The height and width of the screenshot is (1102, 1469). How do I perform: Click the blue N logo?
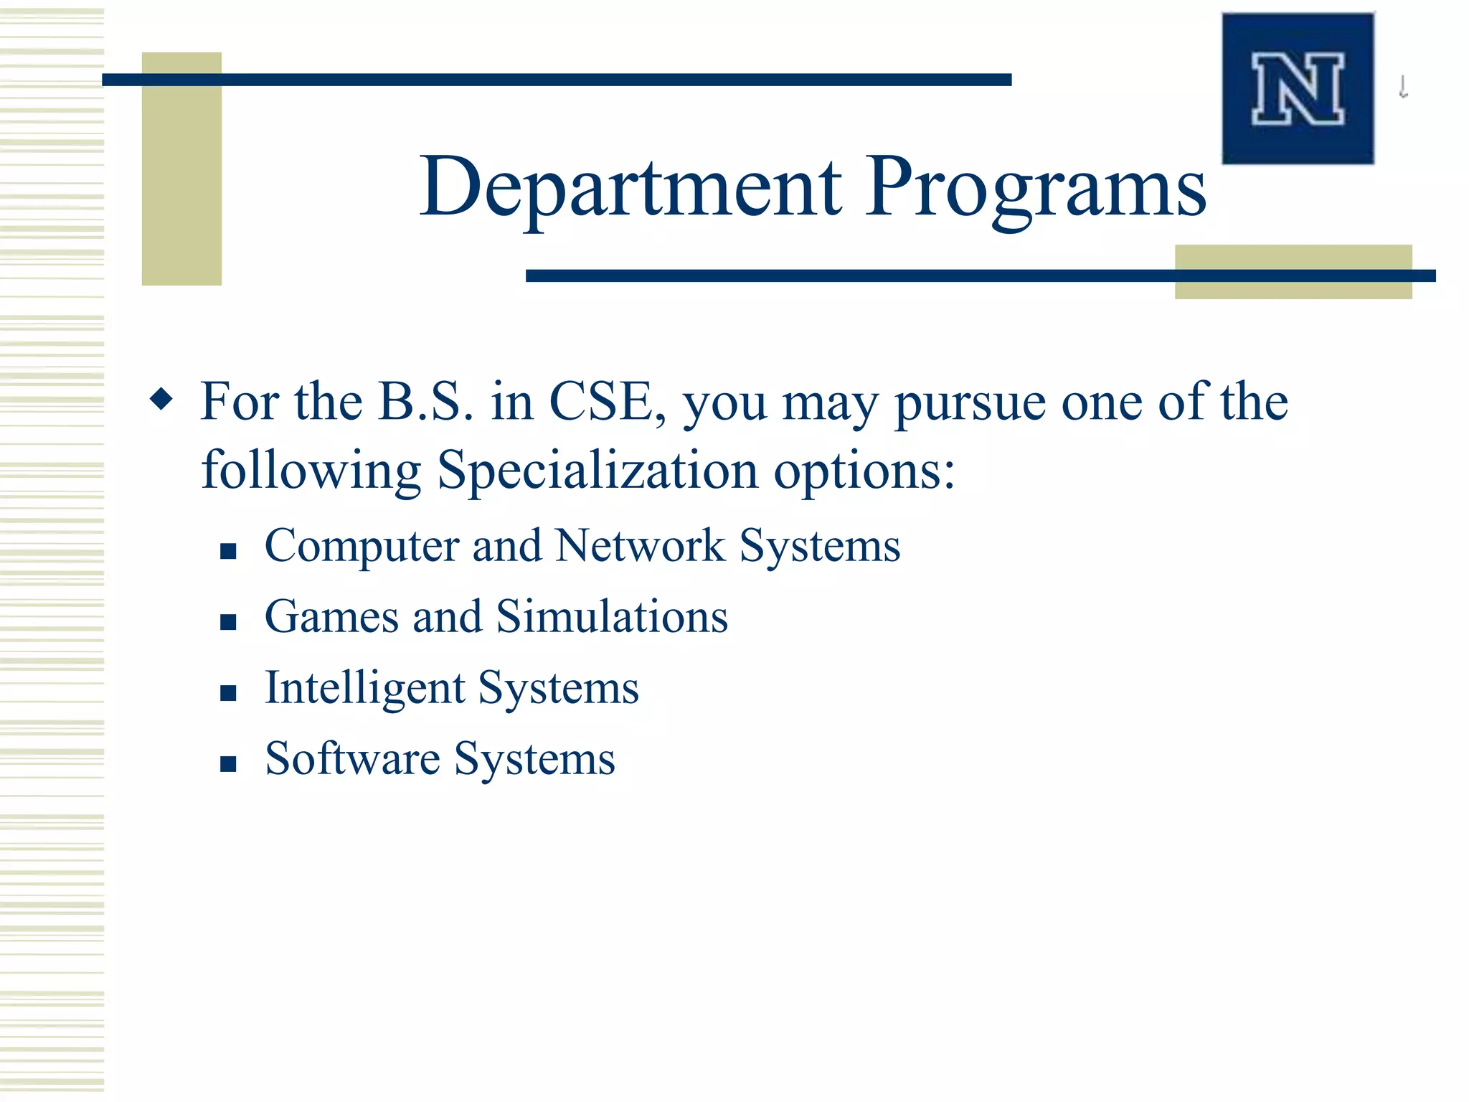1298,89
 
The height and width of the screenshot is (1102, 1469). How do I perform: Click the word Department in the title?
630,188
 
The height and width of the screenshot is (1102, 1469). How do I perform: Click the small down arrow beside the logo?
1403,88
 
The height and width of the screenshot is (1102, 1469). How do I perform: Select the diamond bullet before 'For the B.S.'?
162,399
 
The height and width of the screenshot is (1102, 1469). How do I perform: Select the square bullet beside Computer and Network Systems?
228,551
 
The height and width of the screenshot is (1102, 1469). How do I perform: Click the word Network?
640,546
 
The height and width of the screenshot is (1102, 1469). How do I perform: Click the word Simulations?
612,617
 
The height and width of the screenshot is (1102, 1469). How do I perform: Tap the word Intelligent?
365,689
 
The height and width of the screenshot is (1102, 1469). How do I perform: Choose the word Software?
352,759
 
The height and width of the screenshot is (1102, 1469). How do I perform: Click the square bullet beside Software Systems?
228,764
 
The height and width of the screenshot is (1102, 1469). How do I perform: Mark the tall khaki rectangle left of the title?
181,169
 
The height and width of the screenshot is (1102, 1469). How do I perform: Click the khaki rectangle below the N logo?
1293,272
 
